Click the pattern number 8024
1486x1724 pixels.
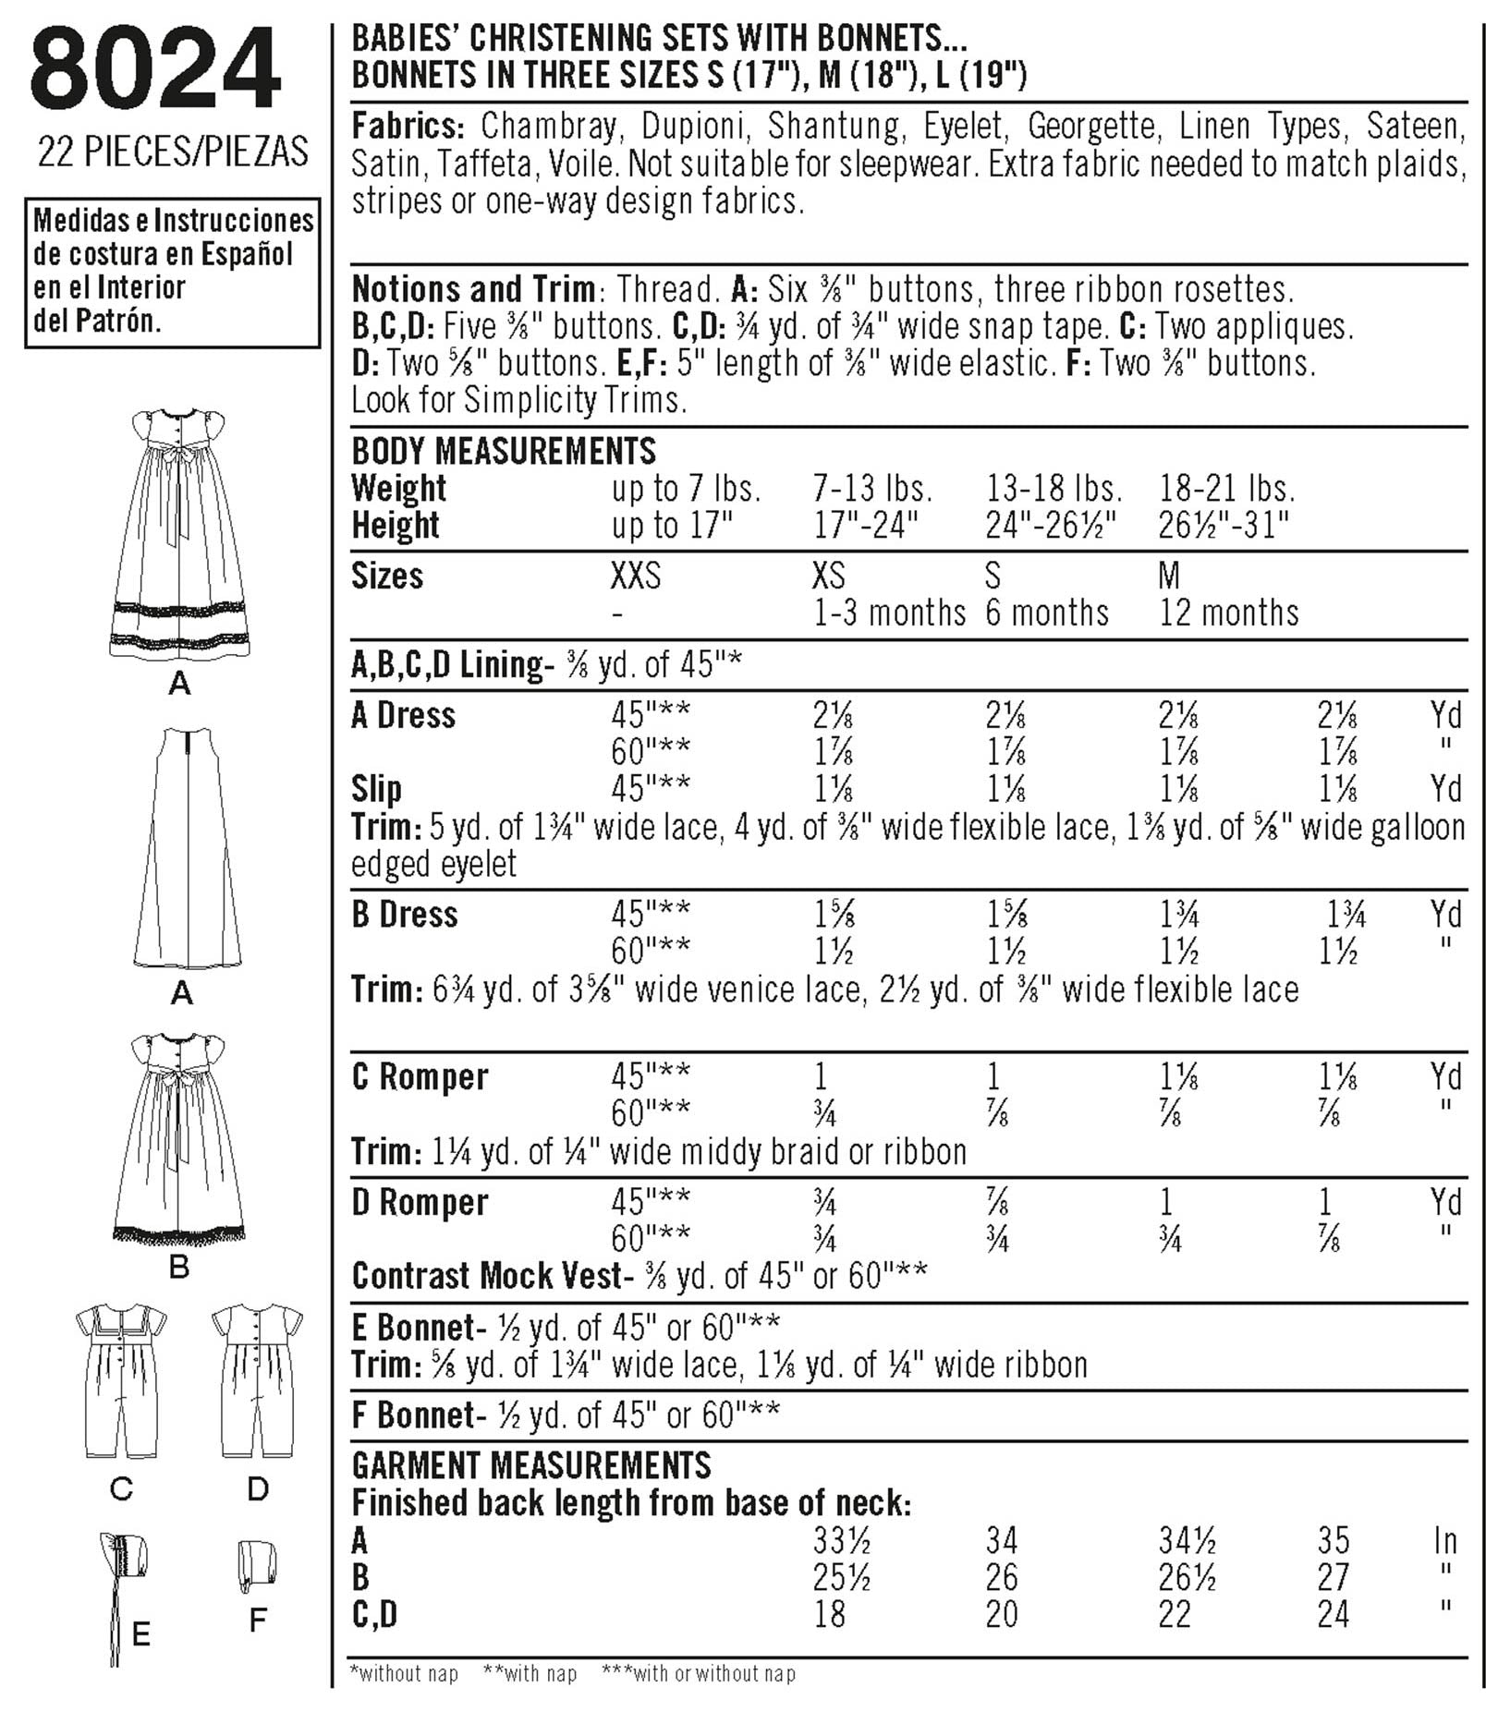pos(154,70)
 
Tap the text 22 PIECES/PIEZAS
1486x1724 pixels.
pos(173,152)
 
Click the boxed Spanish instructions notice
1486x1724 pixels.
pos(173,272)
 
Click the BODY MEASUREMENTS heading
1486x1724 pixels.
pos(504,451)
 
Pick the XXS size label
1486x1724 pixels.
pos(636,577)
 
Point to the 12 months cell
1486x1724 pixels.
pos(1228,613)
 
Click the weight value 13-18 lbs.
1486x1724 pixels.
pos(1054,488)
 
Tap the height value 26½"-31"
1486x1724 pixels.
pos(1224,525)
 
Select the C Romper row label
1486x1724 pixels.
pos(420,1076)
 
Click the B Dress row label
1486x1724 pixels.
pos(405,915)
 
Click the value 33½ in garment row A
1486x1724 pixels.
pos(841,1540)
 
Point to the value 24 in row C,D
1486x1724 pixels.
pos(1334,1614)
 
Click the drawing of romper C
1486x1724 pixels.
pos(121,1380)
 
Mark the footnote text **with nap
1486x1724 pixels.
pos(530,1673)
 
